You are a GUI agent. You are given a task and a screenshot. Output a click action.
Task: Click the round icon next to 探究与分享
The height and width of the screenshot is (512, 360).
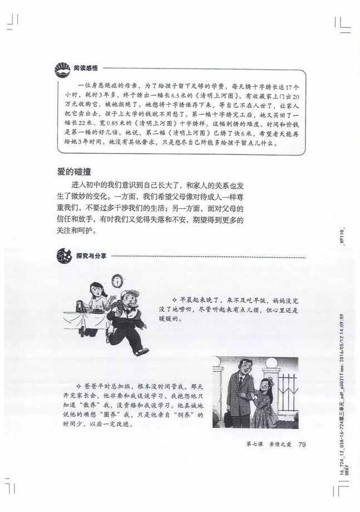click(x=63, y=256)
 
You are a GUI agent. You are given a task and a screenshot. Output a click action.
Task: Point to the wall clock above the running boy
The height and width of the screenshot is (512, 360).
click(x=117, y=279)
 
